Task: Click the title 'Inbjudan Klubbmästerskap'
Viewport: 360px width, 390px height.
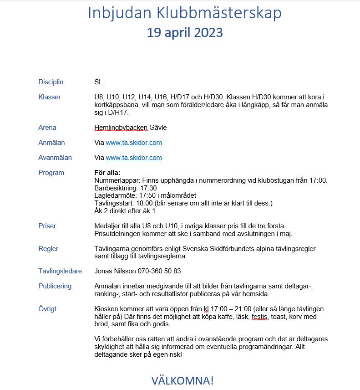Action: (184, 13)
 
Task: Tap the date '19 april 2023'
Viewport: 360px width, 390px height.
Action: (184, 33)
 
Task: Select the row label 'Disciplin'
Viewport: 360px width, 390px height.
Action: (51, 82)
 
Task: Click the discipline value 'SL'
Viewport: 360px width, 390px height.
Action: (98, 82)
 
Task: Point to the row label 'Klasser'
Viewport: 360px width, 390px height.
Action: (50, 97)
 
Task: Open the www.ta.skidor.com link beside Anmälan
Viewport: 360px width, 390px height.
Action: (134, 143)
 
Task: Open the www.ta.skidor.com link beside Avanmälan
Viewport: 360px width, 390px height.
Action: (134, 158)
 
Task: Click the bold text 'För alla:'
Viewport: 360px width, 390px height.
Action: (107, 173)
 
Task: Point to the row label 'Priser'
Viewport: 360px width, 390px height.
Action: (47, 226)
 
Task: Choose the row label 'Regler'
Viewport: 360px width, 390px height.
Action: (48, 249)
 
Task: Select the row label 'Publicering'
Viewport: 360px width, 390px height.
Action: (55, 286)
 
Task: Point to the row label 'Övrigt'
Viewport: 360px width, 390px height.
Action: (47, 309)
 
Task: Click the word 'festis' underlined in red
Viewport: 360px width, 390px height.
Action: (260, 317)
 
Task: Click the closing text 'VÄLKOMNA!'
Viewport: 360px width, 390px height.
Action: (182, 380)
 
